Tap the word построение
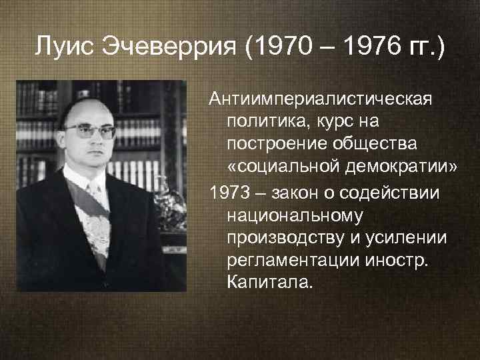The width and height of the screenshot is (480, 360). (x=273, y=144)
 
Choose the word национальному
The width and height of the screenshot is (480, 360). (x=287, y=216)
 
